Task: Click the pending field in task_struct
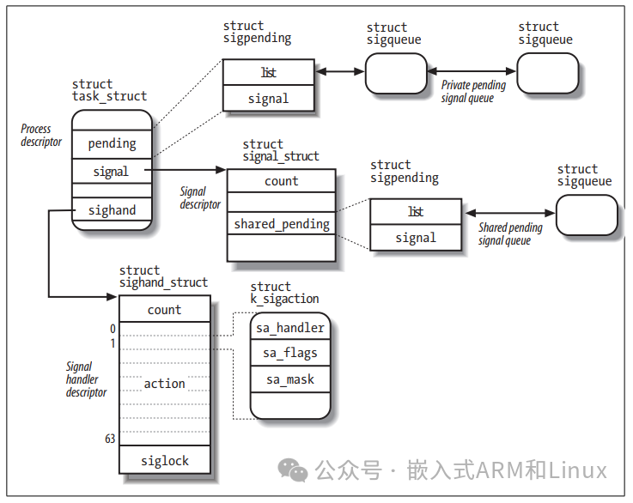113,143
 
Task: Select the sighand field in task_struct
113,210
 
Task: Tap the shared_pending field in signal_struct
282,224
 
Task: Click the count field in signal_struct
282,181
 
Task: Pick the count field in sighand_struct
164,310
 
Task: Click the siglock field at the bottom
164,460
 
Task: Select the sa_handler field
289,327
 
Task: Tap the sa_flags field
289,353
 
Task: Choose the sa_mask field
289,379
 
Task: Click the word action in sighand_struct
164,384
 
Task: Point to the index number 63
110,439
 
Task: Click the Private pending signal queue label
473,92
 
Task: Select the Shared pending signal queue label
510,234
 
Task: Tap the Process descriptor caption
41,135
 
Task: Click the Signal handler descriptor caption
86,379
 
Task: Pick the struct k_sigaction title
284,293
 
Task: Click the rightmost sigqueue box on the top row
547,73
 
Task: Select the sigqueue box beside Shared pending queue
587,215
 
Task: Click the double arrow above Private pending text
472,72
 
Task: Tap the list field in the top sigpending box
269,73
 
